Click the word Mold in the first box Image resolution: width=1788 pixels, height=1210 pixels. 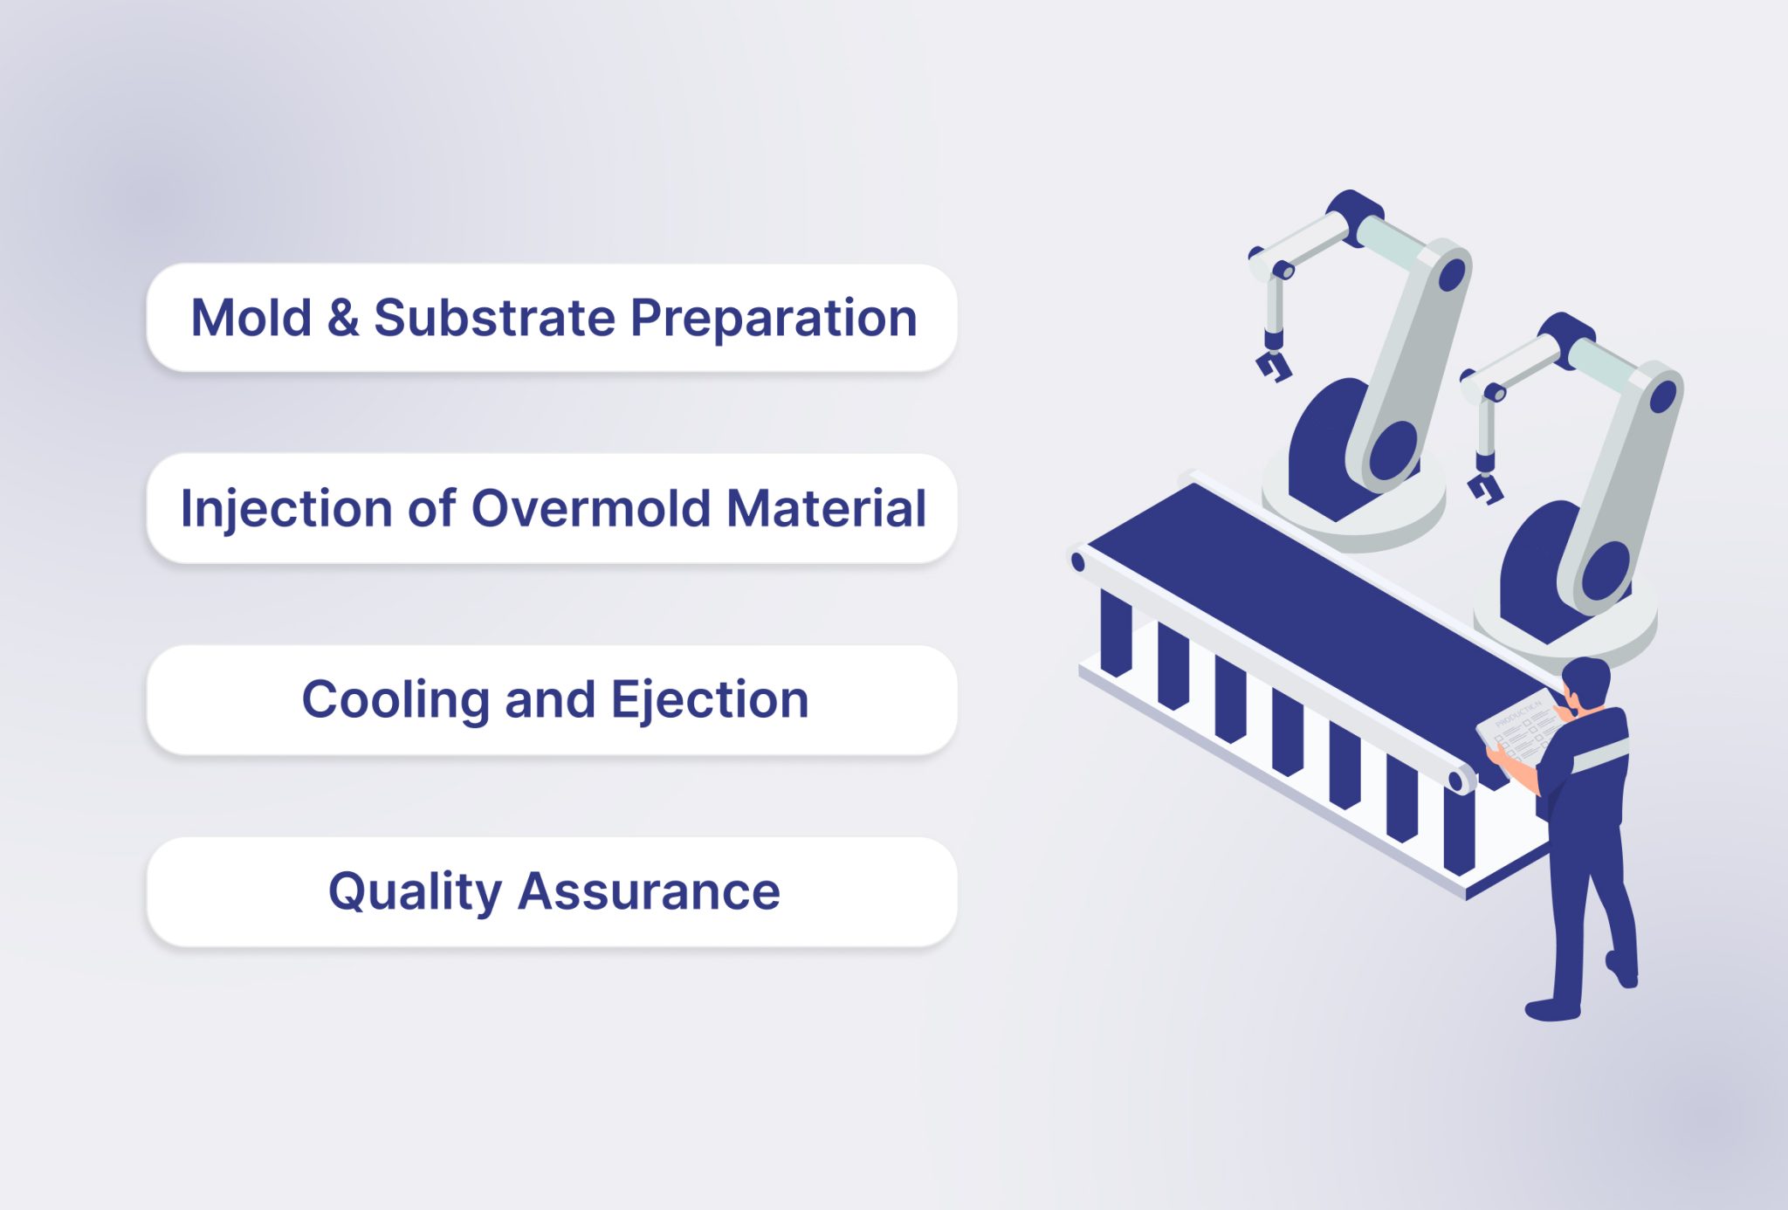click(x=251, y=318)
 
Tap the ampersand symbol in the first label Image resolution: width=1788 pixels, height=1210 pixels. click(x=343, y=318)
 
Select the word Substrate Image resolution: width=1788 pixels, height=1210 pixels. click(x=494, y=318)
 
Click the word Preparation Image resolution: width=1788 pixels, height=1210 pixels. click(x=774, y=320)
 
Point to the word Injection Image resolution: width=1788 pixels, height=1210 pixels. click(x=286, y=510)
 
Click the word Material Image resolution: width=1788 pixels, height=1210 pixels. click(x=826, y=508)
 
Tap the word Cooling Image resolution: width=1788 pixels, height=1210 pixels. click(x=395, y=700)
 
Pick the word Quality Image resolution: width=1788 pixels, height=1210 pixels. click(x=415, y=892)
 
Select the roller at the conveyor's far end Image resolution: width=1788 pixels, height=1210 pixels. click(x=1078, y=562)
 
